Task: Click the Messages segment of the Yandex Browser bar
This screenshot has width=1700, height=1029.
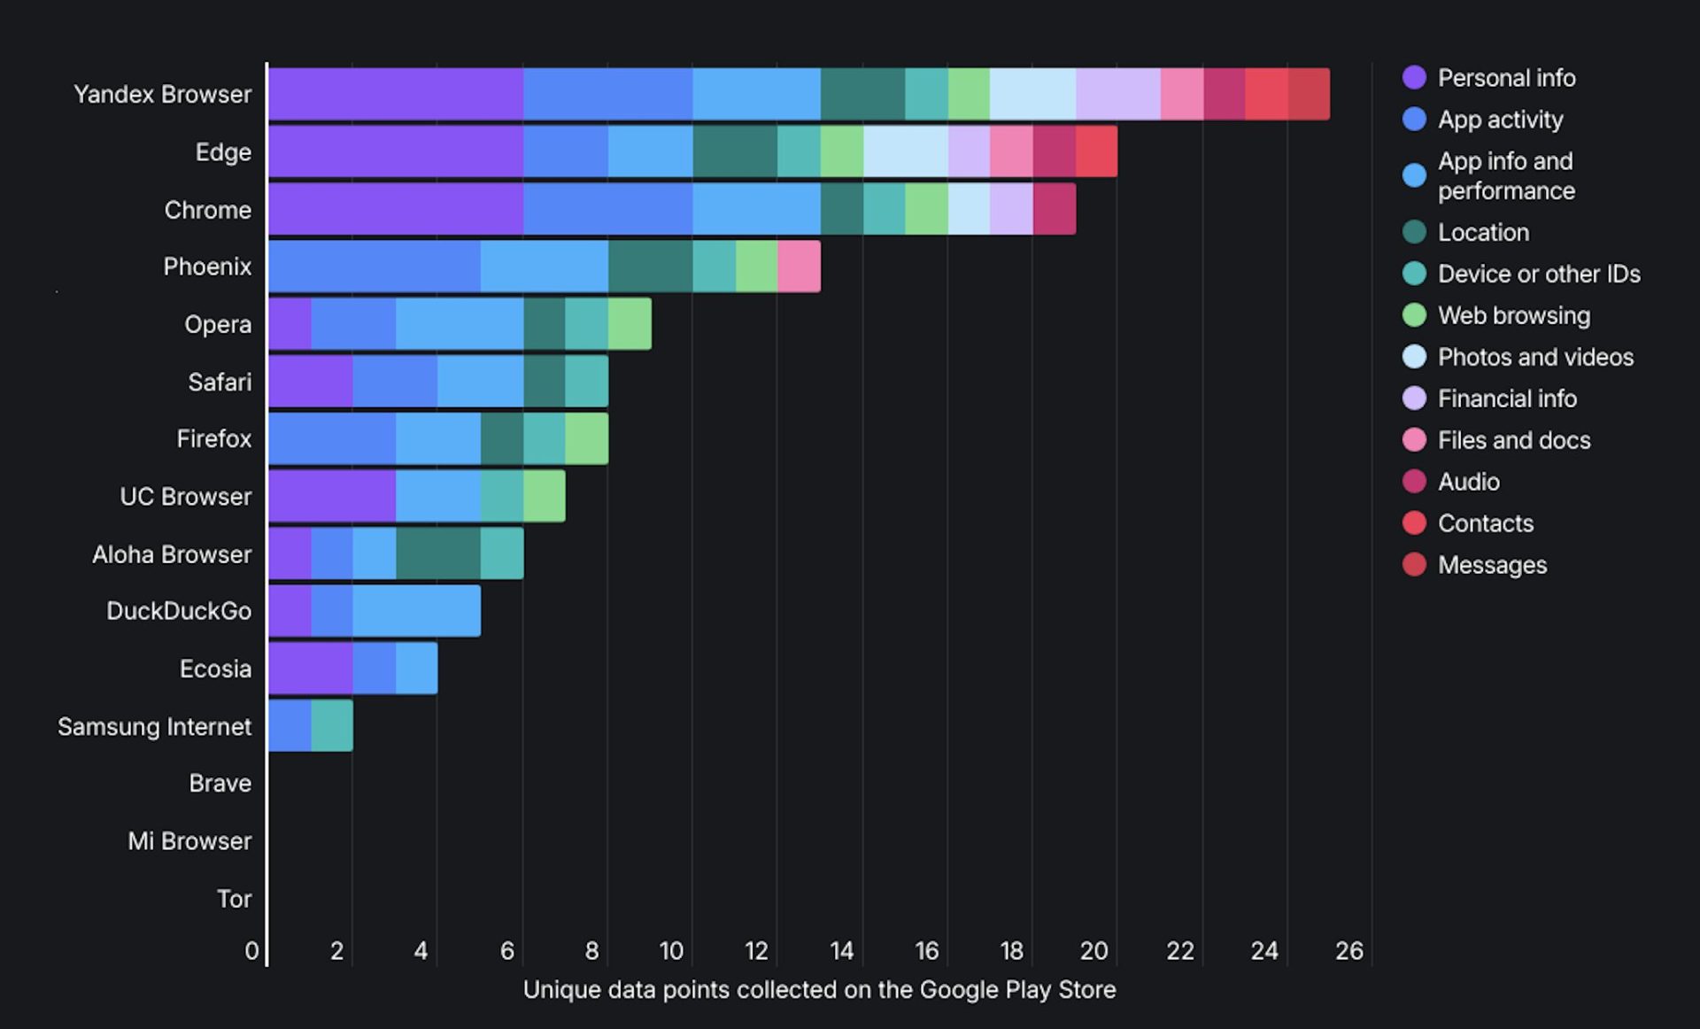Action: [x=1308, y=94]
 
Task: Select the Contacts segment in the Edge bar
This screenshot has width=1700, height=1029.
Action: [x=1096, y=151]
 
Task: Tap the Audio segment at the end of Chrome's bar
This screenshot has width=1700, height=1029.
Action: [x=1054, y=209]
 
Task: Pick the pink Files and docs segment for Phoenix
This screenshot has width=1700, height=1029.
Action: [x=799, y=267]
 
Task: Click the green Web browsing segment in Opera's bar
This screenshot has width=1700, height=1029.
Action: [x=630, y=324]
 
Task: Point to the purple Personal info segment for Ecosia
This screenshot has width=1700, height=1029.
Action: [x=310, y=669]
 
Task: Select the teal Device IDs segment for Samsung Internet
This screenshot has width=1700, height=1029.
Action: [x=332, y=726]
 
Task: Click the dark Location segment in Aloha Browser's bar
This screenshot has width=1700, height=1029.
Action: [x=438, y=553]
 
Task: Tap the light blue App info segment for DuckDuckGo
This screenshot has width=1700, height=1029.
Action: [x=416, y=611]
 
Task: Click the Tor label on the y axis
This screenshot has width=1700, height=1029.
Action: [x=234, y=899]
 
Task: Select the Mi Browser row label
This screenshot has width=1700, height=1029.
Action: [x=189, y=841]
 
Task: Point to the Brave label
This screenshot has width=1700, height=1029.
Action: [x=220, y=784]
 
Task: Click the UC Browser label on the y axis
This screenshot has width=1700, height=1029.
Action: [x=186, y=497]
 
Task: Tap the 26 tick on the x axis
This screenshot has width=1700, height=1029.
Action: [x=1348, y=951]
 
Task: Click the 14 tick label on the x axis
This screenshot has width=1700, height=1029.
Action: [x=841, y=951]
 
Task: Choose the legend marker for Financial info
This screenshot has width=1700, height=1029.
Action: [x=1414, y=398]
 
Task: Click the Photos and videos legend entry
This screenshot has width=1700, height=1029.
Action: [x=1534, y=357]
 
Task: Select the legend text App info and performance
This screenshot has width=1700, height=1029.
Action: [x=1505, y=175]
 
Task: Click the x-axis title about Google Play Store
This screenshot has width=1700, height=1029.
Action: [x=819, y=990]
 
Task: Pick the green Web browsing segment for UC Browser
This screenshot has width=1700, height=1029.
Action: [x=544, y=496]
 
